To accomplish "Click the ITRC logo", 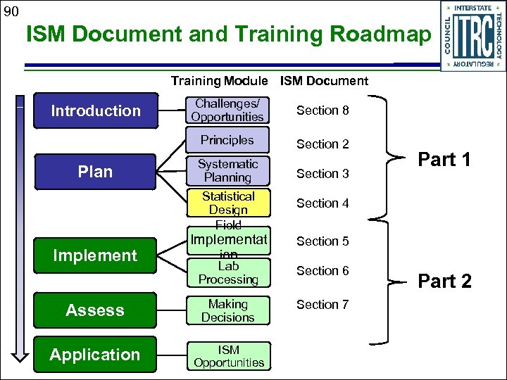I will tap(472, 36).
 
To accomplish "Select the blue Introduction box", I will tap(95, 110).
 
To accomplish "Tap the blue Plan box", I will tap(95, 172).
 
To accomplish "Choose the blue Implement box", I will tap(95, 255).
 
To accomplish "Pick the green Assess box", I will tap(95, 310).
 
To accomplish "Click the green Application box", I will tap(95, 355).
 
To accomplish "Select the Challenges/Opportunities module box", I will tap(227, 110).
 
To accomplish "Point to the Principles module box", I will tap(227, 140).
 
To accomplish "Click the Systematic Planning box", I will tap(227, 171).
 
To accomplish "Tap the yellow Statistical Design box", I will tap(227, 203).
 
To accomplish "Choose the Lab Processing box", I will tap(227, 273).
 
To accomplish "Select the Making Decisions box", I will tap(227, 310).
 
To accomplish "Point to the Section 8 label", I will tap(323, 110).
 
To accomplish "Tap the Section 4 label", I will tap(323, 203).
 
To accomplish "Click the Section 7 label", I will tap(323, 305).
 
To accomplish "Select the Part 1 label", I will tap(444, 160).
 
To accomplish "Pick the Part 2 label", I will tap(444, 281).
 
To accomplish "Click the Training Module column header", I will tap(219, 81).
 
